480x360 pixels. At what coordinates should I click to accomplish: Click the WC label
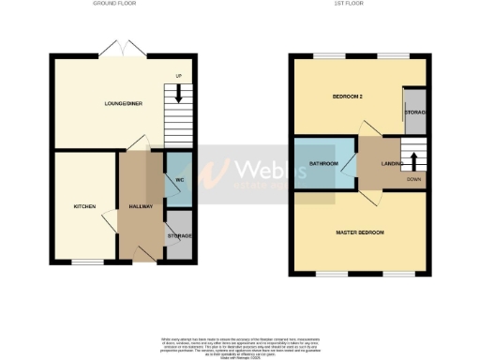(178, 180)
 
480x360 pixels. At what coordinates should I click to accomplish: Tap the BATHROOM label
(323, 164)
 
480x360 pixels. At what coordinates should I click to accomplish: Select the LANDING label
(393, 164)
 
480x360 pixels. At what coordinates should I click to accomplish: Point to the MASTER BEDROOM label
(360, 232)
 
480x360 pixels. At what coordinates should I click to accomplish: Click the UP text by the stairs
(178, 76)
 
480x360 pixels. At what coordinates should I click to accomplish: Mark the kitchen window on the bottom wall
(89, 262)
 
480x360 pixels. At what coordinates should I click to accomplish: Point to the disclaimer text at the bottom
(240, 344)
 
